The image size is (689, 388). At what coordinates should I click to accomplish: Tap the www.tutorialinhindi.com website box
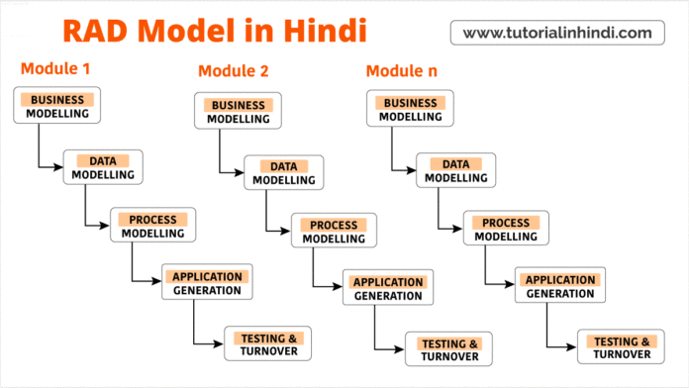coord(557,33)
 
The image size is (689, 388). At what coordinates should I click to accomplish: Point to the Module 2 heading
coord(234,70)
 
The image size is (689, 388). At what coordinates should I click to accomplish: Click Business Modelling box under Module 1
coord(57,106)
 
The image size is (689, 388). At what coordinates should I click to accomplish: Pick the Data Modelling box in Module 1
coord(103,166)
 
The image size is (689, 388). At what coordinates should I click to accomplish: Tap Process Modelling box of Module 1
coord(152,226)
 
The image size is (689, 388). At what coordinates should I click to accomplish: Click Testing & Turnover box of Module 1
coord(267,342)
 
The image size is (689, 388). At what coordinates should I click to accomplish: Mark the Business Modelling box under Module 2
coord(239,111)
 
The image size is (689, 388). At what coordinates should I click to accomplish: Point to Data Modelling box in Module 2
coord(283,172)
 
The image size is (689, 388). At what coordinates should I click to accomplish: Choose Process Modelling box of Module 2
coord(333,232)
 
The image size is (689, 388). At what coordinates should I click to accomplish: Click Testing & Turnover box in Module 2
coord(447,349)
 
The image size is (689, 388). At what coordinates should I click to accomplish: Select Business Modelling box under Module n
coord(411,109)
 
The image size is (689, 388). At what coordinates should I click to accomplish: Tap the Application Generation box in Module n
coord(560,285)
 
